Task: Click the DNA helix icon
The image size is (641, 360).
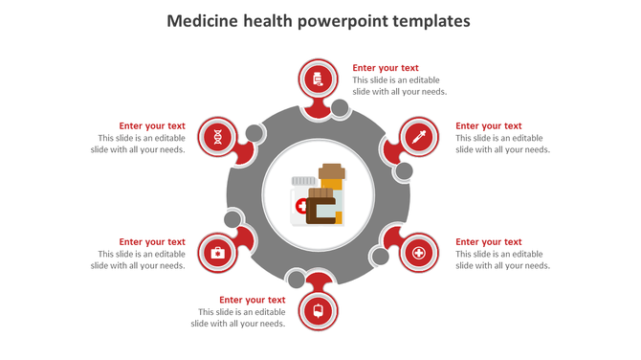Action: click(219, 137)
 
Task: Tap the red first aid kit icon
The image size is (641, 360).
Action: click(217, 253)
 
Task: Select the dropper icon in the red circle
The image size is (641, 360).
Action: click(417, 137)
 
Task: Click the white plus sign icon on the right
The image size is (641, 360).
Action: click(417, 254)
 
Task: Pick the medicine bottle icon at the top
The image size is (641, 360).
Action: click(318, 79)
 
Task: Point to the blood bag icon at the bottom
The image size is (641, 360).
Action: click(318, 310)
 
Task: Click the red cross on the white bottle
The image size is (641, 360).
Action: click(301, 206)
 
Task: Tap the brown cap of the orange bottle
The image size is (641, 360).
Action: click(331, 171)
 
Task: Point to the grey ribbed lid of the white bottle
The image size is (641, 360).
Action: click(303, 180)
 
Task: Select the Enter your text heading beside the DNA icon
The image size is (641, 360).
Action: click(152, 125)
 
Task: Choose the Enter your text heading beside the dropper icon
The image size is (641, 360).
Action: click(488, 125)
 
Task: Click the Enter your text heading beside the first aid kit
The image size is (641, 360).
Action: click(152, 242)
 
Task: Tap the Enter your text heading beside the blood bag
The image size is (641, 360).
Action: click(253, 300)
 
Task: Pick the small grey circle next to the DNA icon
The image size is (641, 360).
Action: click(254, 133)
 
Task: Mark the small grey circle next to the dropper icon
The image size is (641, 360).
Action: click(404, 171)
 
